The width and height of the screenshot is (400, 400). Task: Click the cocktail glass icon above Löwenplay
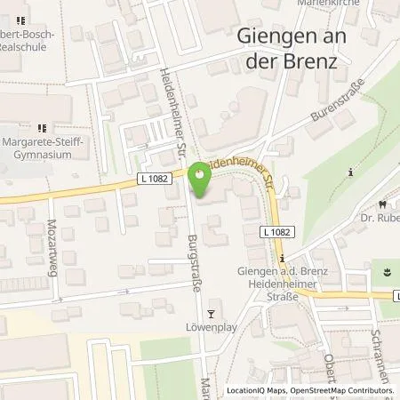(x=211, y=313)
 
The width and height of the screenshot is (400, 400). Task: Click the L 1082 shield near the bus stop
(x=276, y=231)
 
